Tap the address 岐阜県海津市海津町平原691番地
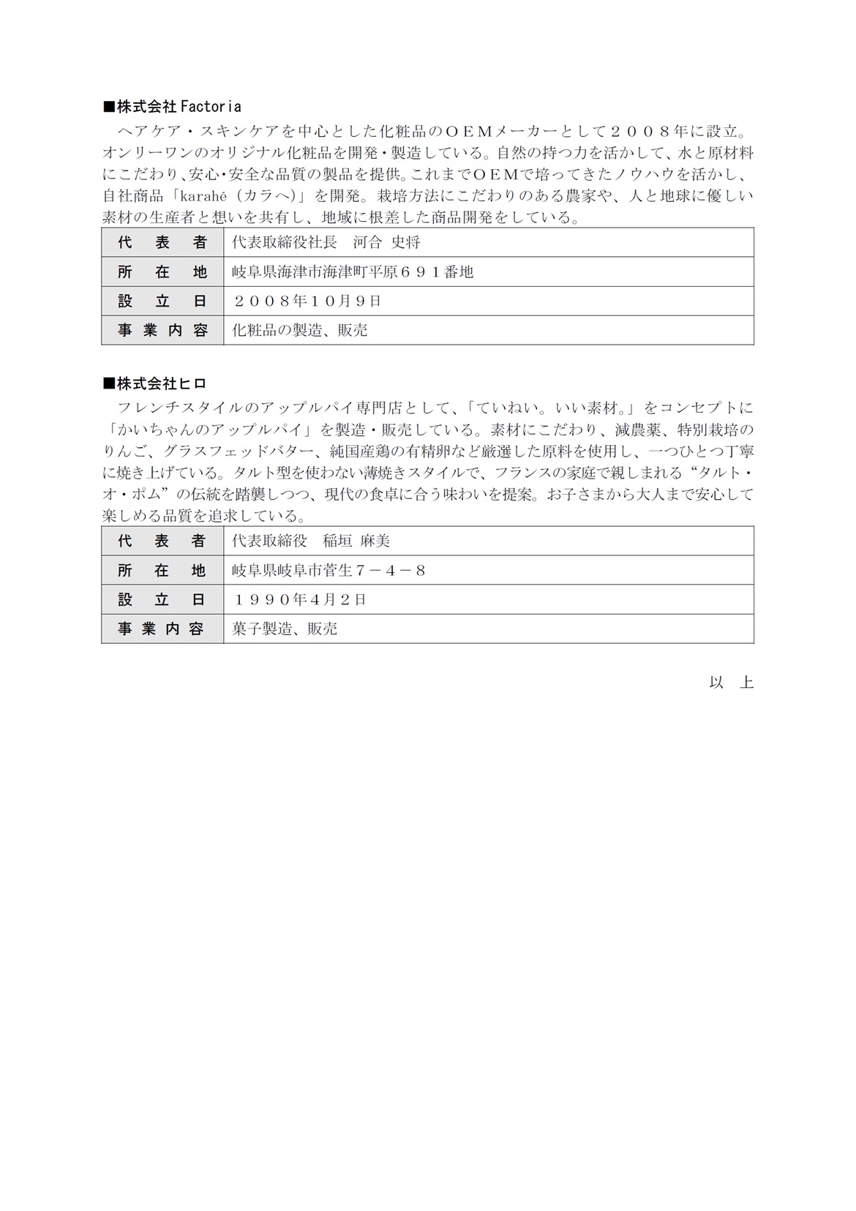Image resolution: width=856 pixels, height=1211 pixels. click(x=353, y=271)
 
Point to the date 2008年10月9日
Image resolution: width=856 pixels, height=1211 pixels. click(x=307, y=301)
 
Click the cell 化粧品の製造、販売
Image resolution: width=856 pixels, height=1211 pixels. click(x=300, y=330)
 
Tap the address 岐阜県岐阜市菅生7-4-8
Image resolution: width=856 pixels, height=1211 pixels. click(x=328, y=570)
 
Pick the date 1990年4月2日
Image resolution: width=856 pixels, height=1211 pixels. click(x=299, y=599)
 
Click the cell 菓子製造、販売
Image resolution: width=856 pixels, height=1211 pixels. click(x=285, y=629)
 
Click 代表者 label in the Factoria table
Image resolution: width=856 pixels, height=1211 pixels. click(x=162, y=242)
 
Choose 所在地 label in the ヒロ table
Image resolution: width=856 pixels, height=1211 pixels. click(x=162, y=570)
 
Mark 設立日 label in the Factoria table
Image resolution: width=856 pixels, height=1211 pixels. click(x=162, y=301)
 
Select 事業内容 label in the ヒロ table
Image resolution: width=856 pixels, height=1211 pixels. click(x=162, y=629)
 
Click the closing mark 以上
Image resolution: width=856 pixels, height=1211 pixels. click(x=731, y=682)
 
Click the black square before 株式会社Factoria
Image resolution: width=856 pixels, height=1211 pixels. click(x=109, y=108)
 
